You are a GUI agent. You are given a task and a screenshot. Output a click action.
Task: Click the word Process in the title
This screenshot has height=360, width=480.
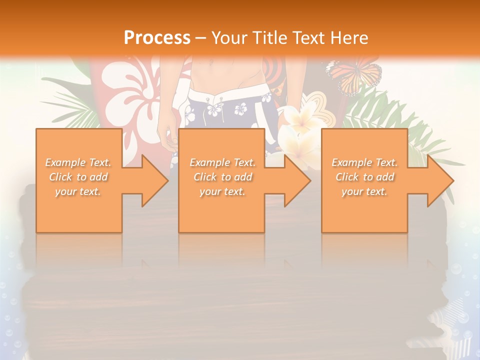click(x=157, y=37)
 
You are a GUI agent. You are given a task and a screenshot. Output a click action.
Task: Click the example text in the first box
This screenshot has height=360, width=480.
click(x=78, y=177)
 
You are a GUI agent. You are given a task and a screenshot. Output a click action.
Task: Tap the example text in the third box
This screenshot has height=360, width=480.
click(x=364, y=177)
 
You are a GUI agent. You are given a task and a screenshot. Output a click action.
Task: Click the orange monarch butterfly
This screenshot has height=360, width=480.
click(x=355, y=75)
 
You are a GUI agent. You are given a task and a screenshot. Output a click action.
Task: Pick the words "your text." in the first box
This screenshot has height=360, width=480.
click(x=78, y=191)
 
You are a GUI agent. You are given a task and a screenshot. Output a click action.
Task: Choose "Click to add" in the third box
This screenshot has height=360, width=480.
click(x=364, y=177)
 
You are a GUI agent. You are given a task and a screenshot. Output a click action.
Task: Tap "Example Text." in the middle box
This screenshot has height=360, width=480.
click(x=222, y=162)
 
